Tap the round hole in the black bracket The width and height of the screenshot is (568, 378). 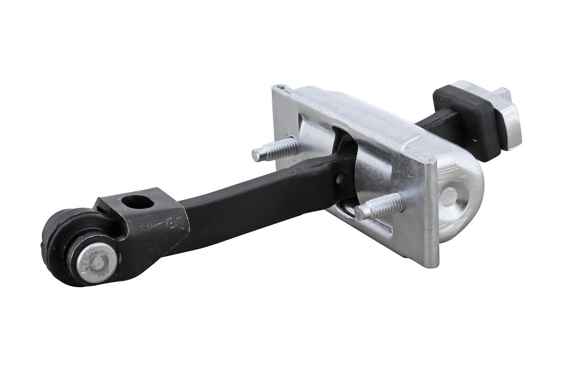point(138,202)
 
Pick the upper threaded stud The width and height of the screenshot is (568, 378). point(276,149)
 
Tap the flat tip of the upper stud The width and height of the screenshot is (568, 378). point(256,155)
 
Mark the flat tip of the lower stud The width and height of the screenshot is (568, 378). point(359,212)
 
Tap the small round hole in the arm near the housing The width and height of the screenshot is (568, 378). point(340,179)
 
